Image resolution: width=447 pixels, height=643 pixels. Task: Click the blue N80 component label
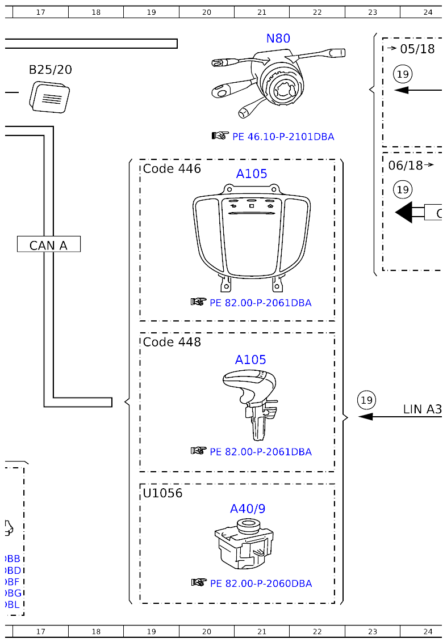pos(278,39)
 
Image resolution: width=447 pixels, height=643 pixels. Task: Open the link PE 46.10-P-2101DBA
pos(283,137)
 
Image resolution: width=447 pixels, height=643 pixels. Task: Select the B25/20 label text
pos(50,70)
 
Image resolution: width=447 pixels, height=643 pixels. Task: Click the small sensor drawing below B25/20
pos(49,96)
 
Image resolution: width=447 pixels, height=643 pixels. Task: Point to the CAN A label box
pos(49,244)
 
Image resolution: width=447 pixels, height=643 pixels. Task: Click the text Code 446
pos(172,168)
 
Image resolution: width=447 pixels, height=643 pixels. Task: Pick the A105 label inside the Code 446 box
pos(251,174)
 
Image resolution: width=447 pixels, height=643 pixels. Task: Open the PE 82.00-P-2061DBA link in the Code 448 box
pos(260,452)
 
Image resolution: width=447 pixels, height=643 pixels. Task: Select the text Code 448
pos(172,342)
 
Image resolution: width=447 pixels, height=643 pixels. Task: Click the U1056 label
pos(162,493)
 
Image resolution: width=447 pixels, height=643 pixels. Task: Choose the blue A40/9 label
pos(247,509)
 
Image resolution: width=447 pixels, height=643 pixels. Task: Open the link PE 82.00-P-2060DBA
pos(261,583)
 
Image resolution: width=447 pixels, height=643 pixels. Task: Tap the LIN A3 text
pos(422,409)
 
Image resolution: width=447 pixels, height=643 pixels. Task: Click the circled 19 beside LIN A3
pos(367,400)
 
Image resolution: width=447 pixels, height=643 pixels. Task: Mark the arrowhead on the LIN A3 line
pos(365,417)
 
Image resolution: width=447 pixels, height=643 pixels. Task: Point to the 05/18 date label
pos(417,49)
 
